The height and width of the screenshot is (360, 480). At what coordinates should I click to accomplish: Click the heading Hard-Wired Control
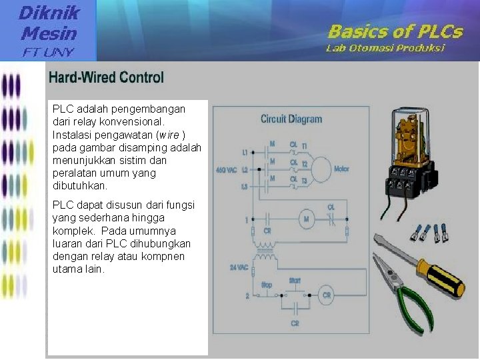pyautogui.click(x=106, y=77)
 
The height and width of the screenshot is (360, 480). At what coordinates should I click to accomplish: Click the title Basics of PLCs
pyautogui.click(x=395, y=31)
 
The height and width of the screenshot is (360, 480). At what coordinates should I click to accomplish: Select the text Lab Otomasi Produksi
pyautogui.click(x=385, y=48)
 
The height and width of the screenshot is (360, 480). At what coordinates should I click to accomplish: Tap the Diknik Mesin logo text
pyautogui.click(x=48, y=22)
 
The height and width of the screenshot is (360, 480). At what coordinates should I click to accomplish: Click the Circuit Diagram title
pyautogui.click(x=291, y=119)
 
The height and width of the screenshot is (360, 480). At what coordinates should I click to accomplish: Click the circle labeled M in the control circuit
pyautogui.click(x=307, y=219)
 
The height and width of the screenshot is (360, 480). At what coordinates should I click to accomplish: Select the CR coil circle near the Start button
pyautogui.click(x=327, y=295)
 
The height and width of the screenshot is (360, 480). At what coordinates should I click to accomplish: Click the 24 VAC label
pyautogui.click(x=239, y=267)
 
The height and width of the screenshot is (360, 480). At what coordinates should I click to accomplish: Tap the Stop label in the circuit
pyautogui.click(x=267, y=285)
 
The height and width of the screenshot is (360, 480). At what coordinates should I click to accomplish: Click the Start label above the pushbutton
pyautogui.click(x=295, y=281)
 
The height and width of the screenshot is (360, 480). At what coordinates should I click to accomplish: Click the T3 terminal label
pyautogui.click(x=305, y=181)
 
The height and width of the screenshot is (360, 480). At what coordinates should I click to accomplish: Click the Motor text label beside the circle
pyautogui.click(x=341, y=169)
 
